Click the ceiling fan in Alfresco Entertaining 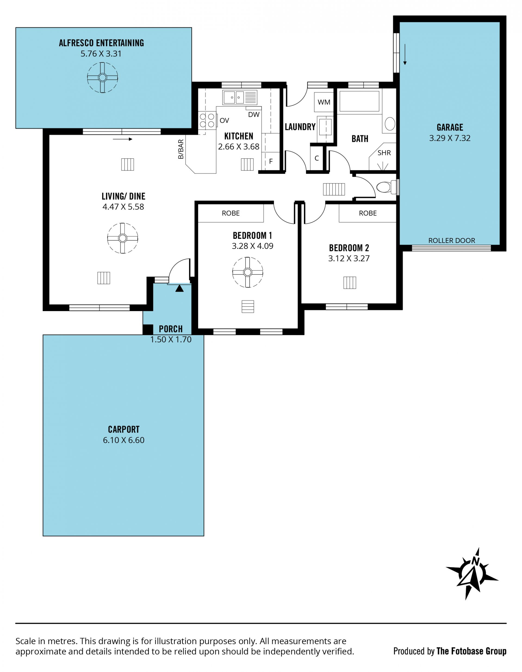tap(102, 77)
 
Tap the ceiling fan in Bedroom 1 tap(247, 272)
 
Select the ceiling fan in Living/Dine tap(123, 238)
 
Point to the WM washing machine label tap(324, 102)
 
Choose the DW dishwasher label tap(254, 115)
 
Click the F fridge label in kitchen tap(271, 161)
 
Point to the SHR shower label tap(384, 153)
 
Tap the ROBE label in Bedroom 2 tap(368, 213)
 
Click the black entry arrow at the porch tap(179, 288)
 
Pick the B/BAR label tap(181, 149)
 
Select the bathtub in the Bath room tap(359, 101)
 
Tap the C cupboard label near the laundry tap(316, 158)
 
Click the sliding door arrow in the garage tap(405, 55)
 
